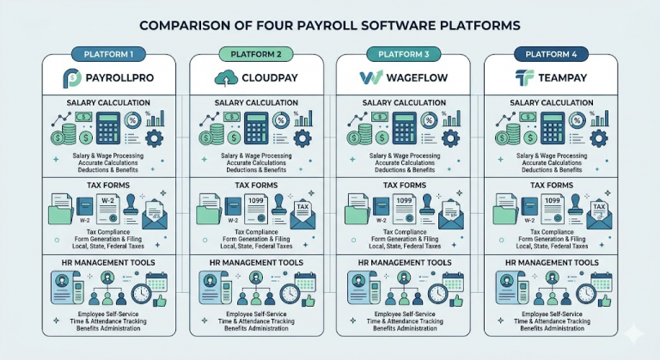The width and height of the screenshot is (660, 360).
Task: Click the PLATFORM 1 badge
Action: pyautogui.click(x=108, y=54)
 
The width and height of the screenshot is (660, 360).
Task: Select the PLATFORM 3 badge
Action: pyautogui.click(x=404, y=54)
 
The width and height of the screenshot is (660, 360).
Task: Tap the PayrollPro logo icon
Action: pyautogui.click(x=72, y=78)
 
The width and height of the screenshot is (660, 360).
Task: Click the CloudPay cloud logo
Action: pyautogui.click(x=227, y=78)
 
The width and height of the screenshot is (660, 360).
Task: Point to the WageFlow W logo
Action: pyautogui.click(x=371, y=78)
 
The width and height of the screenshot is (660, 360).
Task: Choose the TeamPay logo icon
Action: pyautogui.click(x=524, y=78)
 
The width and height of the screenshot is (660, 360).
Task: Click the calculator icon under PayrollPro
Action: pyautogui.click(x=108, y=128)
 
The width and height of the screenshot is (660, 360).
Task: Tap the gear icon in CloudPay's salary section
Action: pyautogui.click(x=302, y=138)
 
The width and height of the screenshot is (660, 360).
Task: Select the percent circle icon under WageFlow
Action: pyautogui.click(x=429, y=120)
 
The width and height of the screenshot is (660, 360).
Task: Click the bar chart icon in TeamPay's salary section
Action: pyautogui.click(x=600, y=119)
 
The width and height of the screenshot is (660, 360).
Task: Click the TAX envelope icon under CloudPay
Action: pyautogui.click(x=302, y=214)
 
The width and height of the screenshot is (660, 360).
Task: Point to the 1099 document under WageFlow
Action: pyautogui.click(x=404, y=209)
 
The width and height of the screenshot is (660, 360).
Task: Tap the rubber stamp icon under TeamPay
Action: pyautogui.click(x=575, y=205)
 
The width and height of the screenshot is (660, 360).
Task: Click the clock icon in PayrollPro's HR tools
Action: pyautogui.click(x=141, y=295)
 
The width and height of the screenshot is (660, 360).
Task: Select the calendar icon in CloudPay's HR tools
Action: pyautogui.click(x=305, y=282)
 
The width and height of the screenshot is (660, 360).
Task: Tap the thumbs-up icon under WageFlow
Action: pyautogui.click(x=455, y=301)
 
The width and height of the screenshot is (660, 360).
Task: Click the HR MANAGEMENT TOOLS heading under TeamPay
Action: pyautogui.click(x=552, y=263)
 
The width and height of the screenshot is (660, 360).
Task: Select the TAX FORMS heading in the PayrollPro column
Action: pyautogui.click(x=108, y=186)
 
